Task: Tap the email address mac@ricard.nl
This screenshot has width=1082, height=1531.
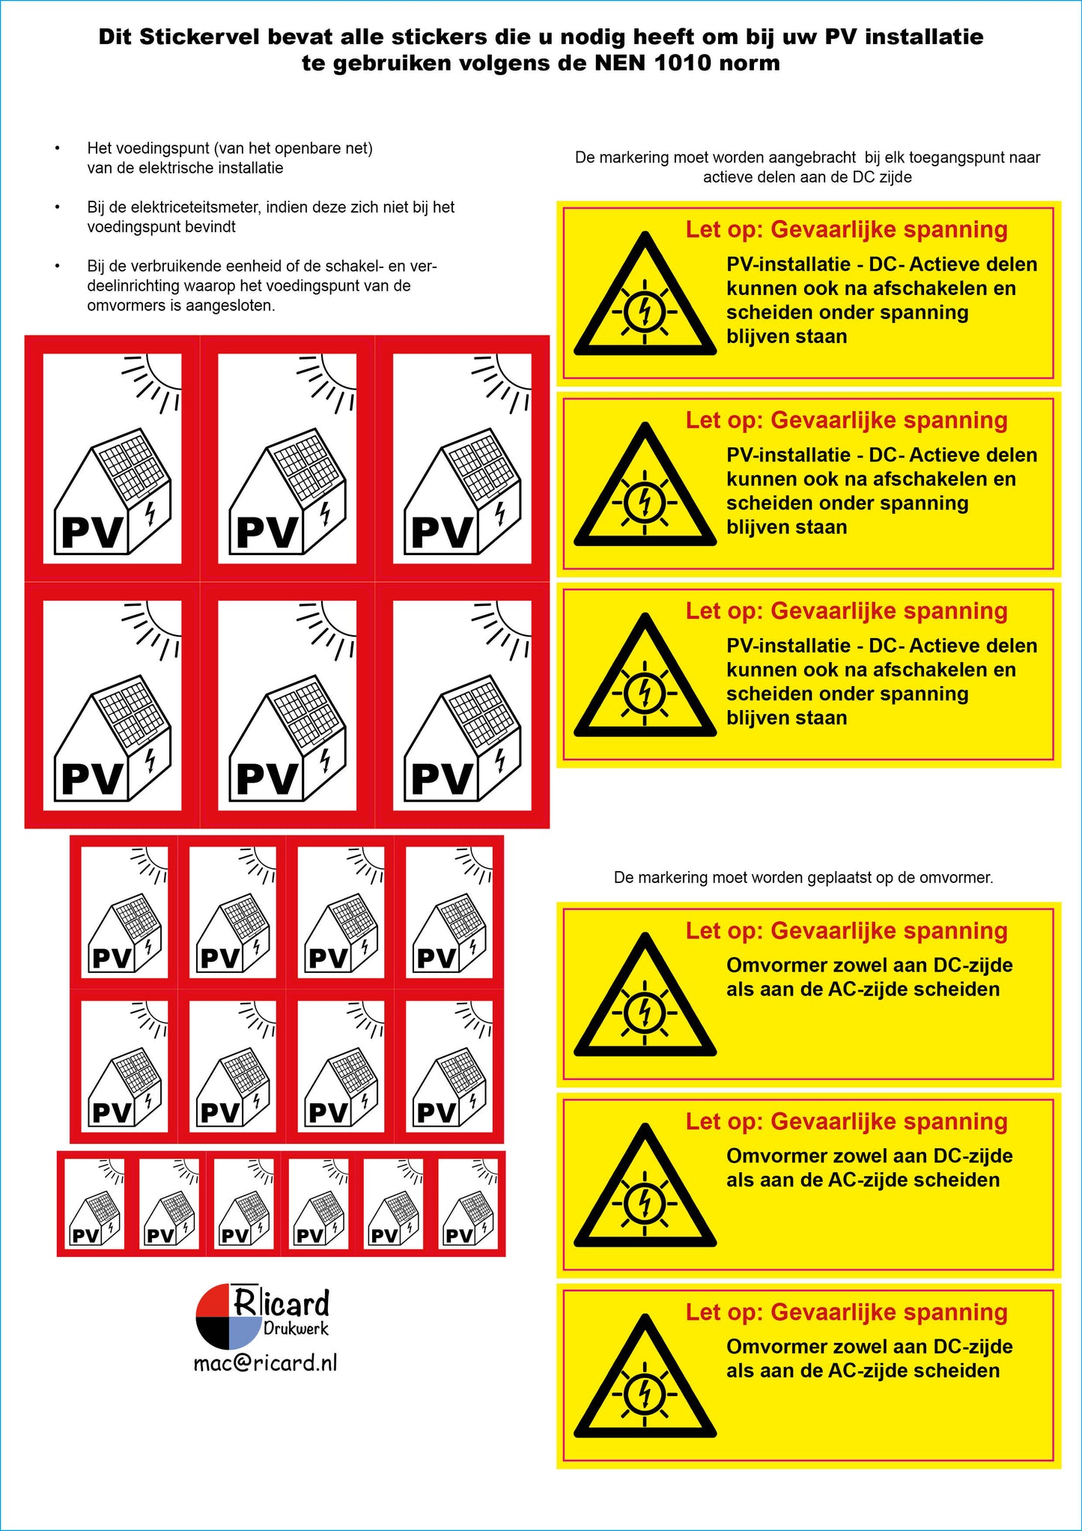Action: click(x=265, y=1362)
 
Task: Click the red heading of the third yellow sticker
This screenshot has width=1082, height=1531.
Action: click(x=846, y=611)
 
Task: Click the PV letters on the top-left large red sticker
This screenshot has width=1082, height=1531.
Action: click(x=91, y=533)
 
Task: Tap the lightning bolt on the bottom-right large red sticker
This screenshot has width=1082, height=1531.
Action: click(x=500, y=760)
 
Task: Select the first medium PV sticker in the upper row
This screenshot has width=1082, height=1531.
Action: click(x=124, y=911)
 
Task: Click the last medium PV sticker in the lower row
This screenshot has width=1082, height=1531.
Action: click(x=449, y=1066)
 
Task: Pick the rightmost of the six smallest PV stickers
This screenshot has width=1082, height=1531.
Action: click(x=468, y=1203)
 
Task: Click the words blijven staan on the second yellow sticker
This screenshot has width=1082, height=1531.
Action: click(x=786, y=527)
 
